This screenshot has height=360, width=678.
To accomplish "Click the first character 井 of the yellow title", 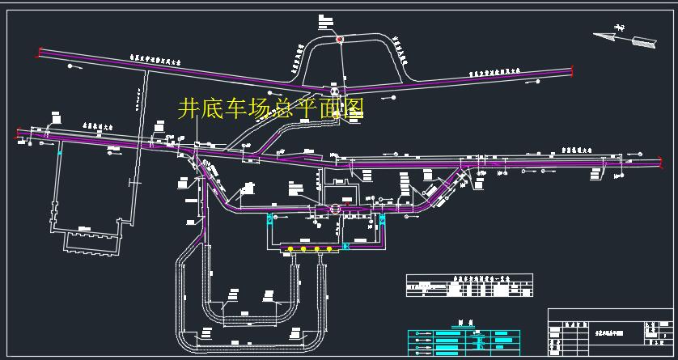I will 187,108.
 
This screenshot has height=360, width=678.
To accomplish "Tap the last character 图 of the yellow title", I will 354,108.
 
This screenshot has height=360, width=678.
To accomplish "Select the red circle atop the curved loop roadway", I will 340,39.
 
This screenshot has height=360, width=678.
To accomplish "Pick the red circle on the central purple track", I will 335,210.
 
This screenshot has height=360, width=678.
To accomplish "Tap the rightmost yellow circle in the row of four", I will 330,248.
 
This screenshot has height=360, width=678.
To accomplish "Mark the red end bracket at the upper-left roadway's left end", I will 39,53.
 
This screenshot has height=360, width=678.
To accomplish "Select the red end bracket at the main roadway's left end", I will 18,134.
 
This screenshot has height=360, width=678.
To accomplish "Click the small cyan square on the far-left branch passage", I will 59,152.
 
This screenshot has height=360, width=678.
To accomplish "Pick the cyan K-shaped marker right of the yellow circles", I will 347,245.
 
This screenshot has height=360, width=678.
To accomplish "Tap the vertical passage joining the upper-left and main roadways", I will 146,105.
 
